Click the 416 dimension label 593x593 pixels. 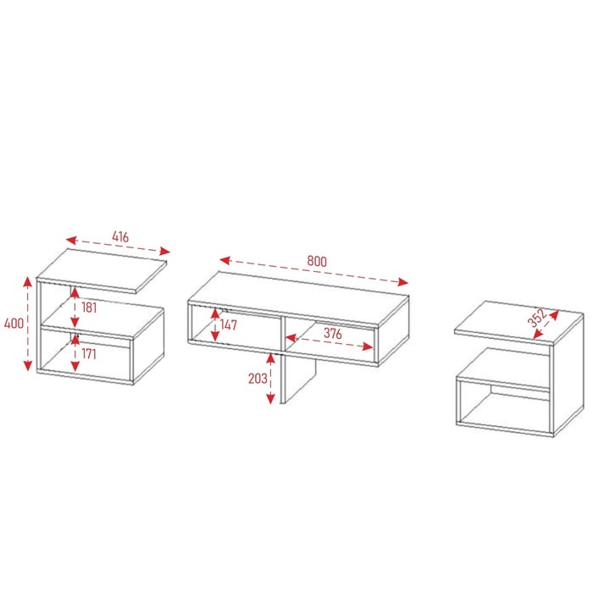120,236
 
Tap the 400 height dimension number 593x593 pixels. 14,324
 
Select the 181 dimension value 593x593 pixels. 89,308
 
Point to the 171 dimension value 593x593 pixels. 89,353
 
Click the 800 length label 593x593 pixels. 317,261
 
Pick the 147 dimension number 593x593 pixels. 229,324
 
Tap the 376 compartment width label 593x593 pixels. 333,333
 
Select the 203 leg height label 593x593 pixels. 258,378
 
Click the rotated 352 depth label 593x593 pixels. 537,318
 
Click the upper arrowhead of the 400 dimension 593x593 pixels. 28,282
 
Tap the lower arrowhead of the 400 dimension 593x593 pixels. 28,365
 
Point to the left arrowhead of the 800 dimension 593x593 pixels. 225,260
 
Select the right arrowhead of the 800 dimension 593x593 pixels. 402,282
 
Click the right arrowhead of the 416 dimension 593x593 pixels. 165,251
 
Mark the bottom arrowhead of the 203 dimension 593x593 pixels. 270,399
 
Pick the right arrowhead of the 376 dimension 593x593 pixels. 368,346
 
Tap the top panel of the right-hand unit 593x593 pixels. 518,323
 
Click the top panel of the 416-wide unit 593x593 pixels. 103,270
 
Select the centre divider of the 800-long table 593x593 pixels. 282,334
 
